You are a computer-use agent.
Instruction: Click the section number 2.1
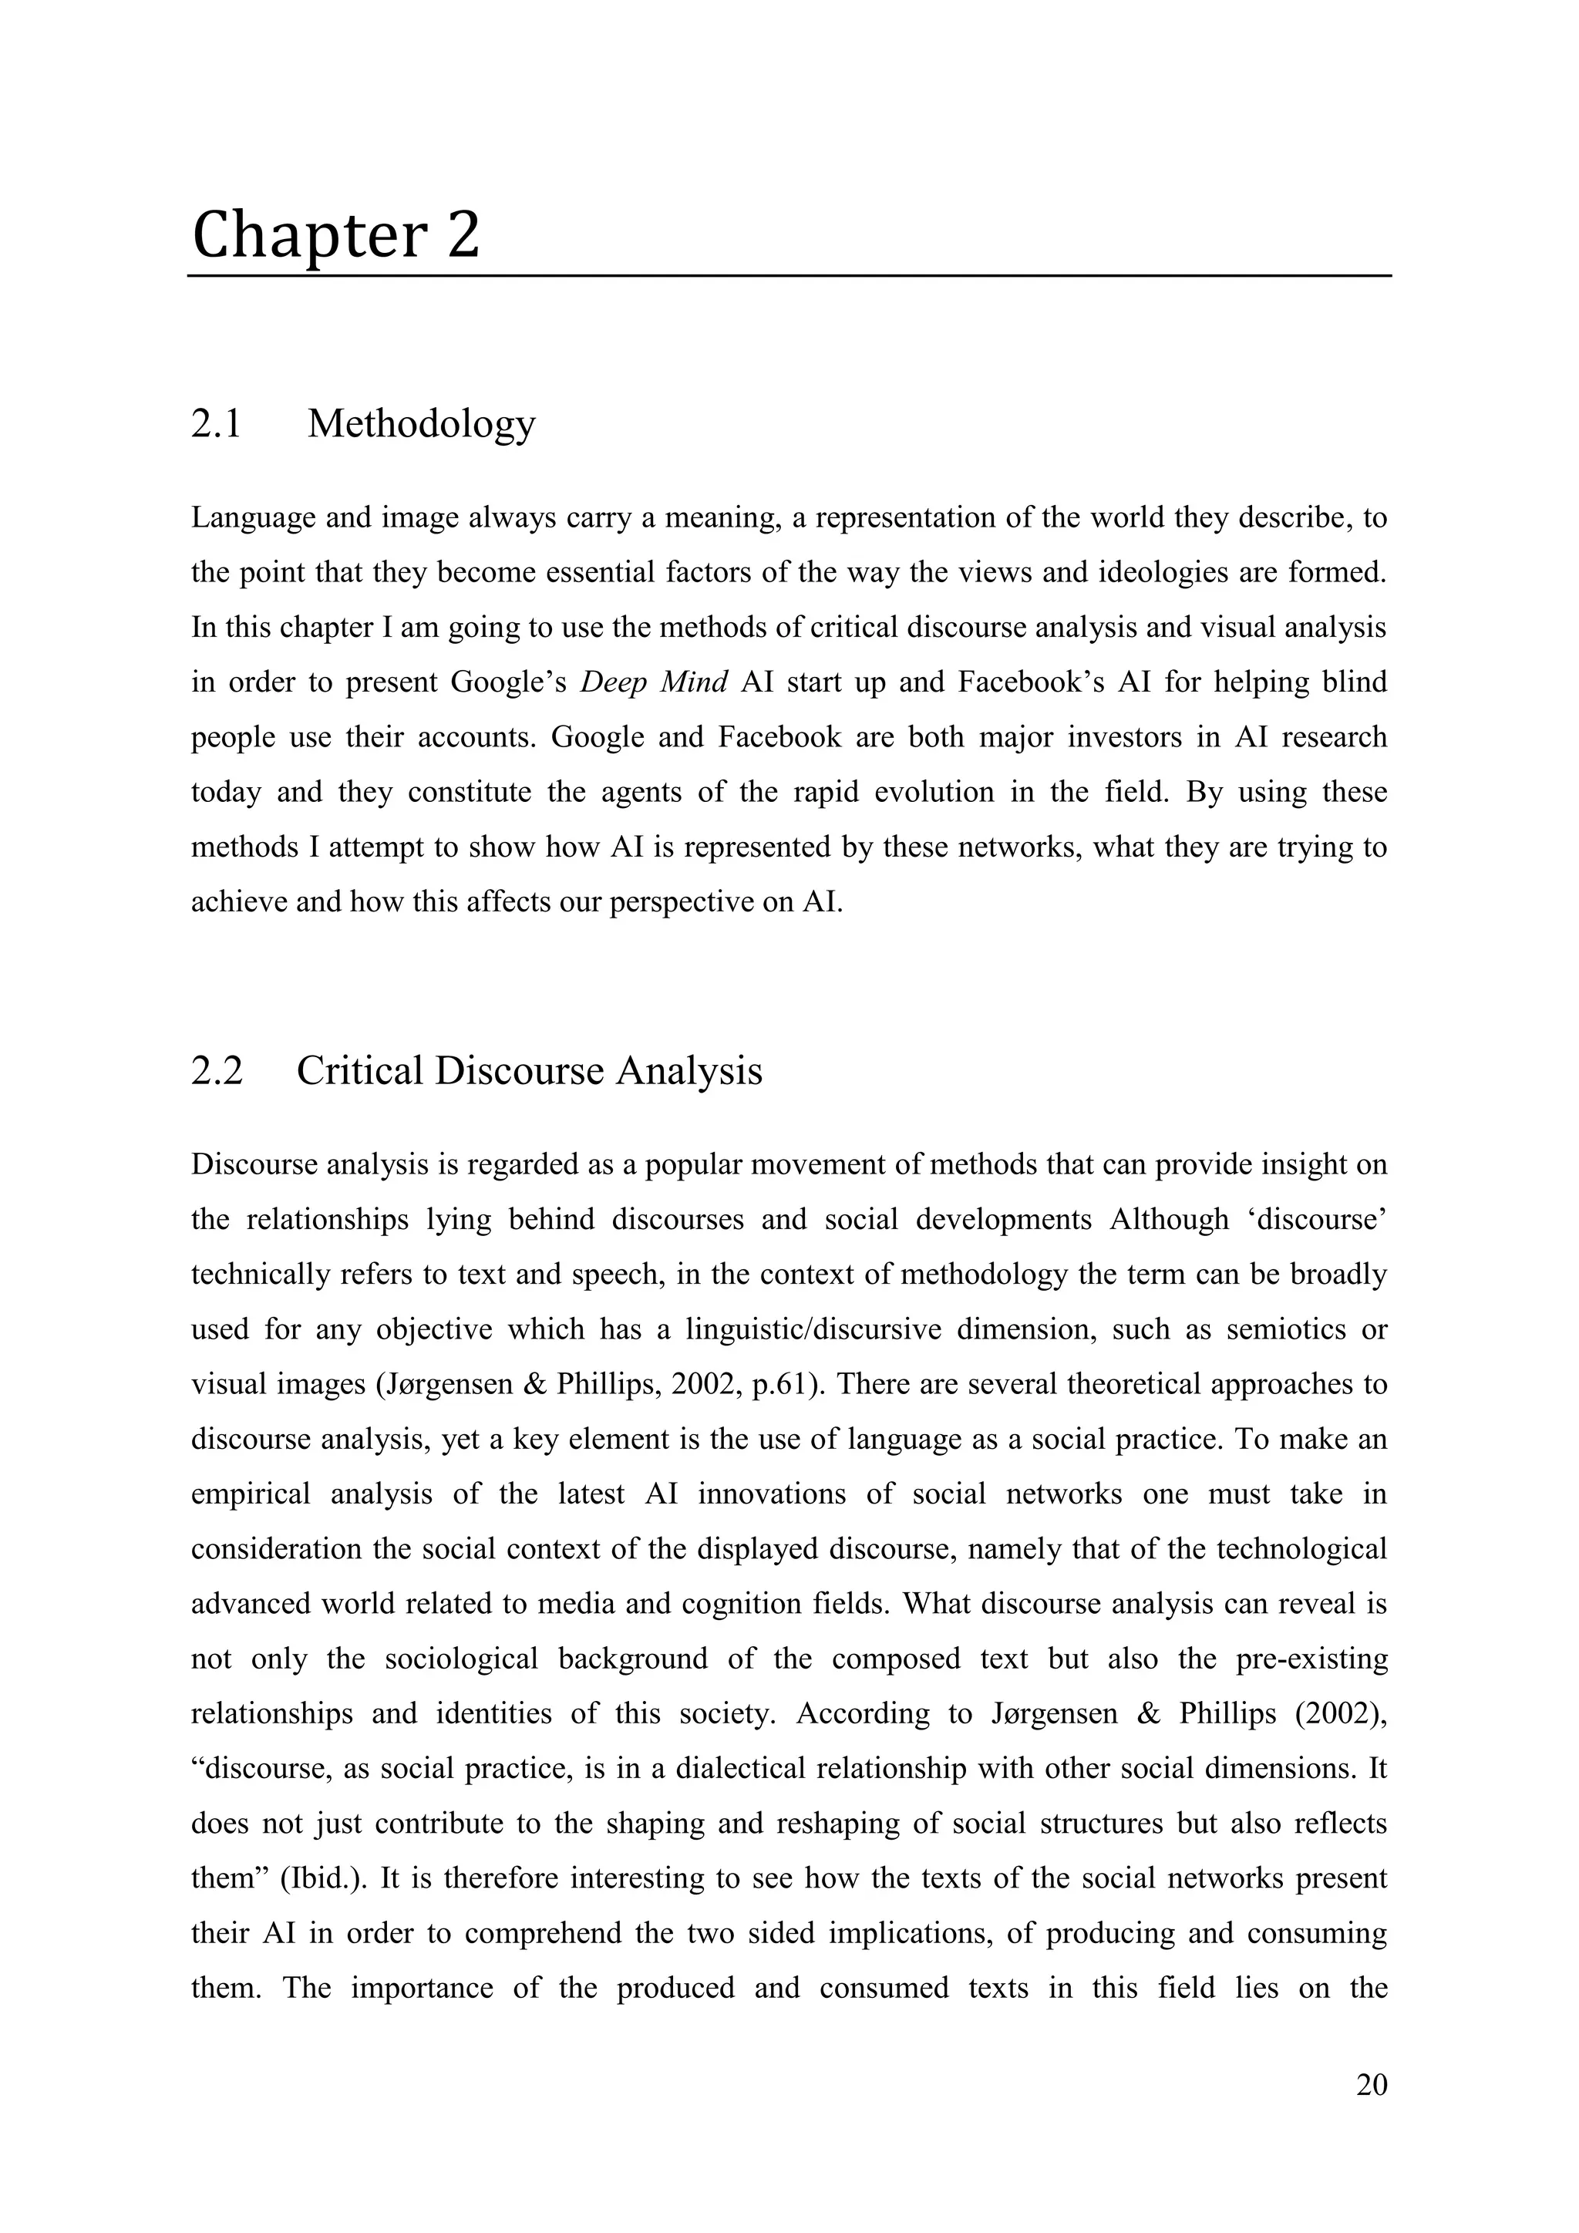[x=216, y=424]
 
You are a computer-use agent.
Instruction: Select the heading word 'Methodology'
[x=421, y=424]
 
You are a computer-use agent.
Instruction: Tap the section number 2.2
[x=216, y=1071]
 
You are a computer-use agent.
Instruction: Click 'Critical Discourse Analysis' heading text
[x=529, y=1071]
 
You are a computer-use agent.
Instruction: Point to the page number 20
[x=1371, y=2085]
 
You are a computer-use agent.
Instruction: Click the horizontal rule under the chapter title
[x=789, y=276]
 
